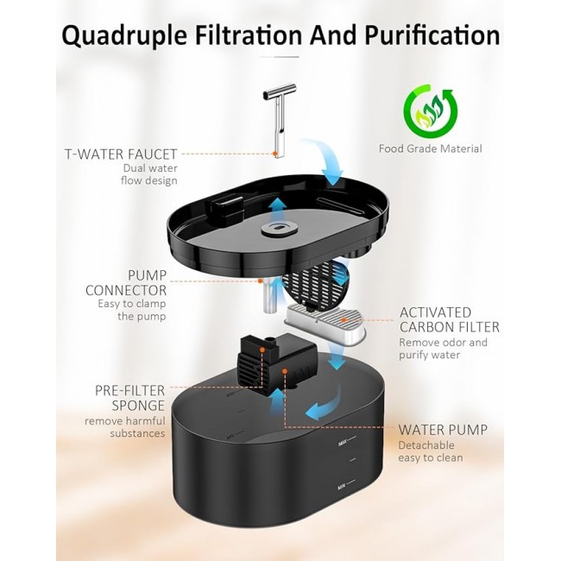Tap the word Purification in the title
tap(432, 35)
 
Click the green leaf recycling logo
tap(431, 111)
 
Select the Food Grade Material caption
tap(431, 148)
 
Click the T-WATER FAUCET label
tap(121, 154)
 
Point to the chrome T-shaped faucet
tap(280, 119)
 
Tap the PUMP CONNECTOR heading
tap(126, 282)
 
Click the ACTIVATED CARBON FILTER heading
tap(450, 320)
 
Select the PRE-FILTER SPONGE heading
tap(129, 398)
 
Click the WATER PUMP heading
tap(443, 430)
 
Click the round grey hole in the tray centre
tap(279, 228)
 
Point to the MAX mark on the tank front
tap(343, 444)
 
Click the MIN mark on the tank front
tap(342, 487)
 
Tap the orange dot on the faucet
tap(275, 154)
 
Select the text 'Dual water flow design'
tap(149, 174)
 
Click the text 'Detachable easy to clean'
tap(431, 451)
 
